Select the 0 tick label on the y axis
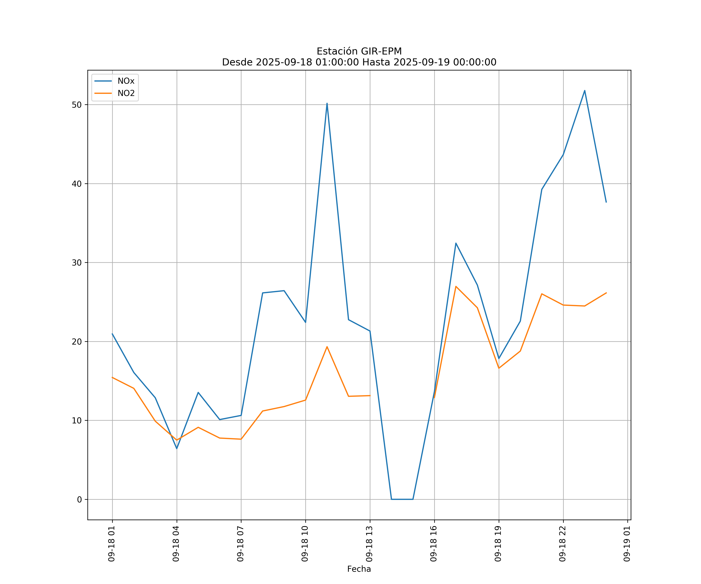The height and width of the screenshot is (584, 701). point(79,500)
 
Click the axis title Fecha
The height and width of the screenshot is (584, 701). point(359,569)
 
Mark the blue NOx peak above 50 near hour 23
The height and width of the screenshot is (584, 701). point(585,91)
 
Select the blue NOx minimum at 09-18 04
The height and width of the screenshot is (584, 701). point(177,449)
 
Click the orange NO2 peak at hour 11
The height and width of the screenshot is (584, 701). point(327,347)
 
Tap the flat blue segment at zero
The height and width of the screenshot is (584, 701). point(402,499)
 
